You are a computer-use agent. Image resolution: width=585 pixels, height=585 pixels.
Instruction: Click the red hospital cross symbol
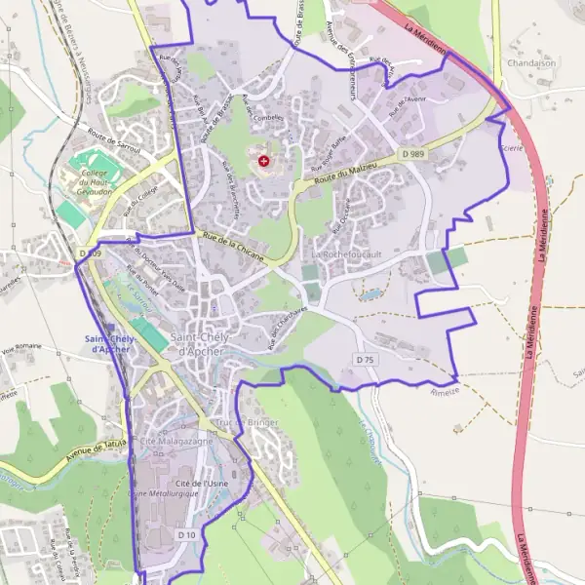263,159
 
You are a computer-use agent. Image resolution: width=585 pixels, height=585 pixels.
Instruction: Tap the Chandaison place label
531,62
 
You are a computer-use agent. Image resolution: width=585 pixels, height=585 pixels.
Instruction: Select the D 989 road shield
410,153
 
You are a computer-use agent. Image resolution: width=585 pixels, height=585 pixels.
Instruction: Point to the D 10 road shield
187,535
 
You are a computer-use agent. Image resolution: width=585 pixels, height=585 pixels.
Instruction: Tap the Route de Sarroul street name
114,142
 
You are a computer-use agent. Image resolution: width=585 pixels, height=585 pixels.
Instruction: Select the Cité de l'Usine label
202,484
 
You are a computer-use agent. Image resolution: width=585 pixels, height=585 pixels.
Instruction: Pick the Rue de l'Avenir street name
409,106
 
